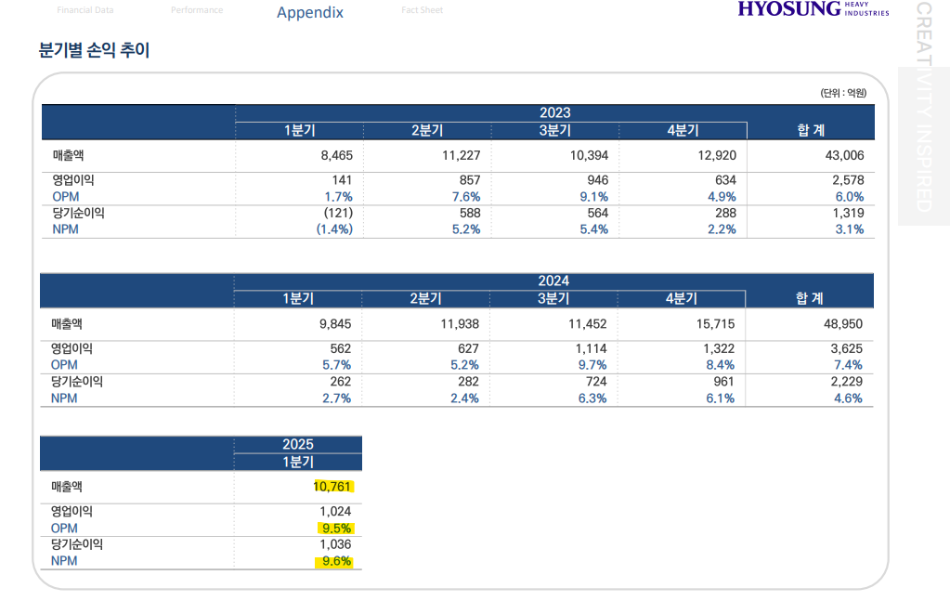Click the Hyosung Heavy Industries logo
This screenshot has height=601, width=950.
(x=813, y=10)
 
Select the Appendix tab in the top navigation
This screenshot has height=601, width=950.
(x=310, y=12)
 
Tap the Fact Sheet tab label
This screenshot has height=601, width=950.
(x=422, y=10)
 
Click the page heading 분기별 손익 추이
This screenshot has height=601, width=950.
(x=94, y=51)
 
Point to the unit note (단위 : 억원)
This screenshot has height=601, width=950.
(x=842, y=93)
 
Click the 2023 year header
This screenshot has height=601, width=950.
(x=554, y=112)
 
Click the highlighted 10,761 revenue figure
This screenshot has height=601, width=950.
(x=333, y=486)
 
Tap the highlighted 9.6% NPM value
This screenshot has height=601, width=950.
(x=337, y=561)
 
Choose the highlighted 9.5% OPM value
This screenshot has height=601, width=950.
(x=337, y=528)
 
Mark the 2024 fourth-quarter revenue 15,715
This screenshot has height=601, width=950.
(x=714, y=323)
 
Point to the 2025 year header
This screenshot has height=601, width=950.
(x=298, y=444)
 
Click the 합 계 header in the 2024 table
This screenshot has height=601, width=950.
(x=809, y=298)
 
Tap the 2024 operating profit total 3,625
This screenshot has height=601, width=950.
(x=846, y=348)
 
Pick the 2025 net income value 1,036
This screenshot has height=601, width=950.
(x=334, y=544)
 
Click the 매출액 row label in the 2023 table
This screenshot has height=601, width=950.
(x=68, y=155)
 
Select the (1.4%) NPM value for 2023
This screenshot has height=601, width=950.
(x=334, y=229)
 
